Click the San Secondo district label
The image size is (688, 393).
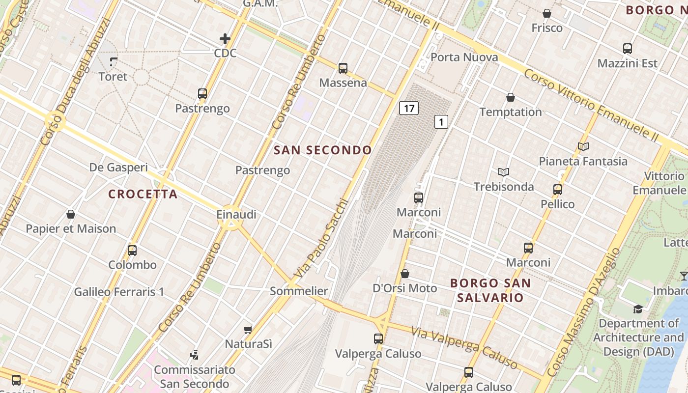pyautogui.click(x=322, y=150)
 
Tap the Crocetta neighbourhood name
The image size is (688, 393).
pyautogui.click(x=143, y=194)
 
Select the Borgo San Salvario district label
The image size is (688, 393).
pyautogui.click(x=490, y=290)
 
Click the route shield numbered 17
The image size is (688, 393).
pyautogui.click(x=408, y=108)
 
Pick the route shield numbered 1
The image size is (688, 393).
pyautogui.click(x=441, y=122)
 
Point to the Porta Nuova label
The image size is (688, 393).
pyautogui.click(x=464, y=57)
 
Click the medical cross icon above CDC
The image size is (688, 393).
pyautogui.click(x=225, y=39)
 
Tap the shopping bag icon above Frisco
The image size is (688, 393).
pyautogui.click(x=547, y=13)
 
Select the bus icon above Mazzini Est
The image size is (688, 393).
pyautogui.click(x=628, y=49)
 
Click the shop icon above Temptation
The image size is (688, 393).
pyautogui.click(x=511, y=97)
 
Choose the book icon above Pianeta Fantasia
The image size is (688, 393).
pyautogui.click(x=583, y=146)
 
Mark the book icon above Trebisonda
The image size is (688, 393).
pyautogui.click(x=504, y=172)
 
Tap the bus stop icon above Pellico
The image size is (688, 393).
pyautogui.click(x=558, y=189)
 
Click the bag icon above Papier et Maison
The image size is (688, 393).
pyautogui.click(x=71, y=214)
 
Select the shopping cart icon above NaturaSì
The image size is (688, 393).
pyautogui.click(x=248, y=330)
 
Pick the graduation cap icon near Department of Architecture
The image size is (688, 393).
pyautogui.click(x=638, y=309)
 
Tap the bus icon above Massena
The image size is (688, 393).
pyautogui.click(x=343, y=68)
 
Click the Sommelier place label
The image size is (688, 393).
pyautogui.click(x=299, y=291)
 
